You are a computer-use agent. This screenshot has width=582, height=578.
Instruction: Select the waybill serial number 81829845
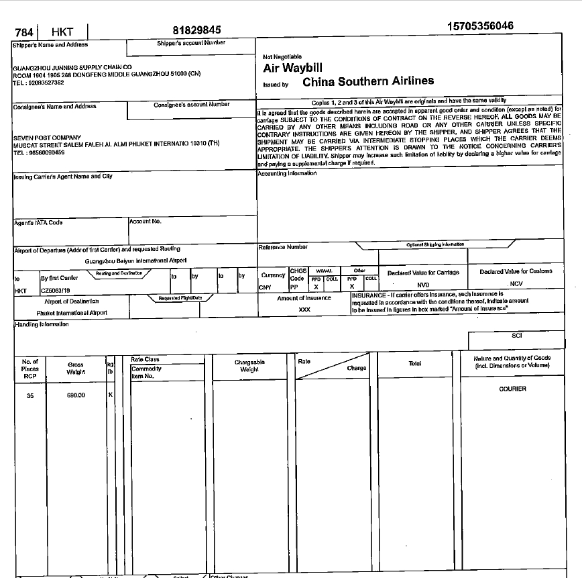coord(196,30)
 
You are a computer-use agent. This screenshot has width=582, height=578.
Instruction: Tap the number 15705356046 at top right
coord(480,26)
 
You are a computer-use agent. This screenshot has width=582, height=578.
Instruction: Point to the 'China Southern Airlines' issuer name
coord(368,81)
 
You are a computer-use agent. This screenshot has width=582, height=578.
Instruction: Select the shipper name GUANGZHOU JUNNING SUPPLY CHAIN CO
coord(72,68)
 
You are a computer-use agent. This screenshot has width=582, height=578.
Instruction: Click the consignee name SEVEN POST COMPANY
coord(42,138)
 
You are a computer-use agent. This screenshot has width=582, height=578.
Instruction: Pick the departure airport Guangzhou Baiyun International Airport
coord(136,260)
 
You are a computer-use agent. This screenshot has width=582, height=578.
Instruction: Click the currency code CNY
coord(265,287)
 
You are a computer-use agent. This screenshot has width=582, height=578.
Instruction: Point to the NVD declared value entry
coord(423,285)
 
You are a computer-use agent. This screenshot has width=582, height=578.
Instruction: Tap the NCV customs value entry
coord(516,283)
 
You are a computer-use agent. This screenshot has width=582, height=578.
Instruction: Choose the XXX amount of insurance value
coord(304,309)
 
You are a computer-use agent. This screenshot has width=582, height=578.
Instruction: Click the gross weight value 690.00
coord(76,395)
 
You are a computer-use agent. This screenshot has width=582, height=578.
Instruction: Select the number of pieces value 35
coord(30,395)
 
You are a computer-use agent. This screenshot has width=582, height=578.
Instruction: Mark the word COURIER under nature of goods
coord(512,389)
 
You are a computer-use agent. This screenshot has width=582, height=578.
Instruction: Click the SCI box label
coord(516,336)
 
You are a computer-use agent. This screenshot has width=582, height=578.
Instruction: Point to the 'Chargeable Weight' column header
coord(249,366)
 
